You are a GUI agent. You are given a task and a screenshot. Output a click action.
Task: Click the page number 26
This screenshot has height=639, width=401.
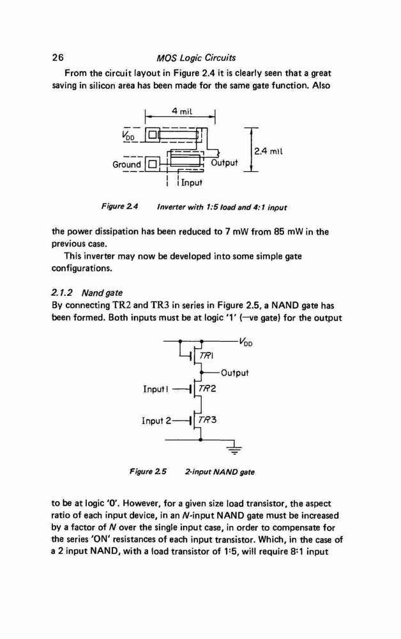58,58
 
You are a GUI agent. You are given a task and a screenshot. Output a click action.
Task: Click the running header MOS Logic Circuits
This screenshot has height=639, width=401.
196,58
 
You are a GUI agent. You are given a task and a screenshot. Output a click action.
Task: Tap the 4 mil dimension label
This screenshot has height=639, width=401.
182,111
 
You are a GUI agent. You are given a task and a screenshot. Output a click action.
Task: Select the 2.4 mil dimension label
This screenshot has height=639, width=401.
268,151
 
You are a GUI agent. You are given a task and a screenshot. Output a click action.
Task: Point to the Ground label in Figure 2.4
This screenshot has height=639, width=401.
126,165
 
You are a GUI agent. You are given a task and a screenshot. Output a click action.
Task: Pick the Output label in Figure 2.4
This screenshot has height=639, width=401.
224,162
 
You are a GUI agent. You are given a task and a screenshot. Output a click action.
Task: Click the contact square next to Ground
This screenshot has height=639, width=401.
151,165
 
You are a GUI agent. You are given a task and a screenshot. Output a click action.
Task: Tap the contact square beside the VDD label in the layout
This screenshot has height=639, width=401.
151,134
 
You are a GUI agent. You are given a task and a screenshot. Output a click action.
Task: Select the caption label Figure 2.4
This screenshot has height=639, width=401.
119,206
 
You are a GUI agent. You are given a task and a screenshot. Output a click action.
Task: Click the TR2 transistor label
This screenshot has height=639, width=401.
208,389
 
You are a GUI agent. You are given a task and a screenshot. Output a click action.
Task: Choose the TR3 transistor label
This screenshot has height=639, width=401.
208,419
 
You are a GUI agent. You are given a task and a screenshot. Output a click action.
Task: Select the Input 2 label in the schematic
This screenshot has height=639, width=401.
156,420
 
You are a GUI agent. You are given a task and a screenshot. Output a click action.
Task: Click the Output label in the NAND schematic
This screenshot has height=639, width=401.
234,373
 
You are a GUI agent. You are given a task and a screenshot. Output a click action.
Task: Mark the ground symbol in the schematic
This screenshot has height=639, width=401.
234,449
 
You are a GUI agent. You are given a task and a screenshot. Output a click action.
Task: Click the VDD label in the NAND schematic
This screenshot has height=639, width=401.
246,343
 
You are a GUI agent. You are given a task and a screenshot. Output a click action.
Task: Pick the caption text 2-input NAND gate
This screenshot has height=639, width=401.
220,472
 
